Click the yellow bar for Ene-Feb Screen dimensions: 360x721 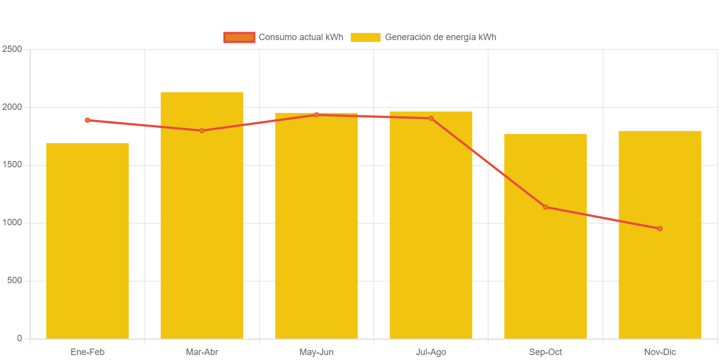(x=87, y=241)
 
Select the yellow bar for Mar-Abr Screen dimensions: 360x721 (x=202, y=215)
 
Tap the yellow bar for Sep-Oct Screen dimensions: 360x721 (x=545, y=236)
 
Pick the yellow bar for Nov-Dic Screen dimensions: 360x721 (x=660, y=235)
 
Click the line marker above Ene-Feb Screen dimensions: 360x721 (x=87, y=120)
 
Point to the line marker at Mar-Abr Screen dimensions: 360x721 (x=202, y=131)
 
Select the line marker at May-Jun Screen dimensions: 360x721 (x=316, y=115)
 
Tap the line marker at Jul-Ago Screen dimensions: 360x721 (x=431, y=118)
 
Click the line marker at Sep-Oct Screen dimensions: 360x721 (x=545, y=207)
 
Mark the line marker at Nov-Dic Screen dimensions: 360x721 (x=660, y=229)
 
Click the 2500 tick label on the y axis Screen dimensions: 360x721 (x=12, y=49)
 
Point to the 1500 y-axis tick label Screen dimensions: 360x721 (x=12, y=165)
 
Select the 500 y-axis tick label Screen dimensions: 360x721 (x=14, y=281)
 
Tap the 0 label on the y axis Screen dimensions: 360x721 (x=19, y=338)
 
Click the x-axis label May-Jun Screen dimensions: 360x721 (x=316, y=352)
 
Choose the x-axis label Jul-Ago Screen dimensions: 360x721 (x=431, y=352)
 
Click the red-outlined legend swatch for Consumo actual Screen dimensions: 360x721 (x=239, y=37)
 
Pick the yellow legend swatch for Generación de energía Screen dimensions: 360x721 (x=365, y=37)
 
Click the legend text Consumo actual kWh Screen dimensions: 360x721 (x=301, y=37)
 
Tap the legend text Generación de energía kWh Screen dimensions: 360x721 (x=440, y=37)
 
